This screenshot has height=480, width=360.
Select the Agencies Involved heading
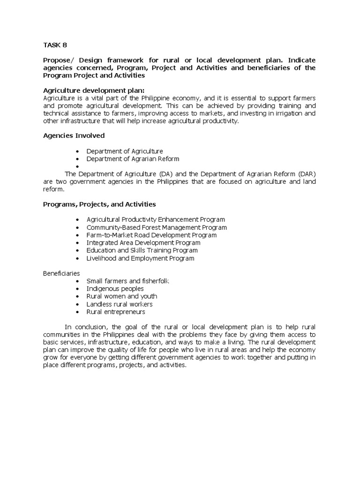click(74, 135)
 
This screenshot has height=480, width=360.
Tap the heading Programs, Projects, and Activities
click(99, 204)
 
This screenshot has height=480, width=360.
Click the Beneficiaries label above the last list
click(61, 273)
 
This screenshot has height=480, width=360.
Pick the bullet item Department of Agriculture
click(124, 151)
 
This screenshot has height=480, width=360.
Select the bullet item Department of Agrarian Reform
click(133, 159)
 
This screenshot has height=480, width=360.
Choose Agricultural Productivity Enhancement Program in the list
click(156, 219)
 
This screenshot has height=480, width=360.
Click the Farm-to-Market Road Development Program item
click(151, 235)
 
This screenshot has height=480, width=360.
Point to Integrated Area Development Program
click(143, 243)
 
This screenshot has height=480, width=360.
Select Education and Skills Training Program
click(142, 250)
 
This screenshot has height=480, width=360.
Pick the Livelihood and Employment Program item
click(140, 258)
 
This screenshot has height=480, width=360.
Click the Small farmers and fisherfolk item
click(127, 281)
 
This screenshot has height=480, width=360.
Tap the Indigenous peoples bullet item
click(115, 289)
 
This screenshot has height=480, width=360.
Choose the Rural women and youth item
click(121, 296)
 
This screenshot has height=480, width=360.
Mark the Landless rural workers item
click(120, 304)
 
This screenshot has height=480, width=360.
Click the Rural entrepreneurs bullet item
click(116, 312)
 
